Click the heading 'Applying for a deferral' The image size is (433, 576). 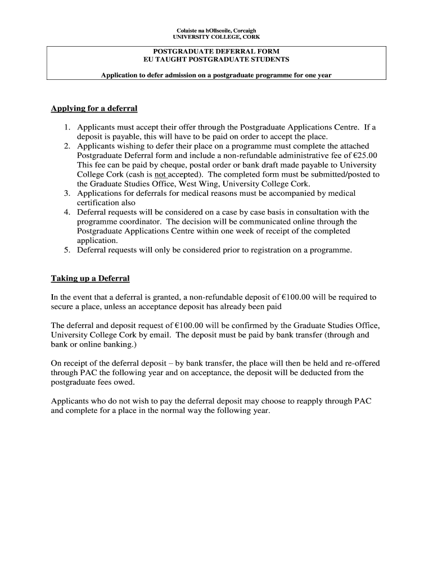click(x=94, y=108)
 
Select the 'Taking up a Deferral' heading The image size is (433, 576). click(x=90, y=278)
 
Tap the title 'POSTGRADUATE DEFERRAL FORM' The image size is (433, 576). click(x=216, y=51)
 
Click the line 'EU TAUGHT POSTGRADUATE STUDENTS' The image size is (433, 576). click(x=216, y=59)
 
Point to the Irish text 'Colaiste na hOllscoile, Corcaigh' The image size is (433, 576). click(x=216, y=30)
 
